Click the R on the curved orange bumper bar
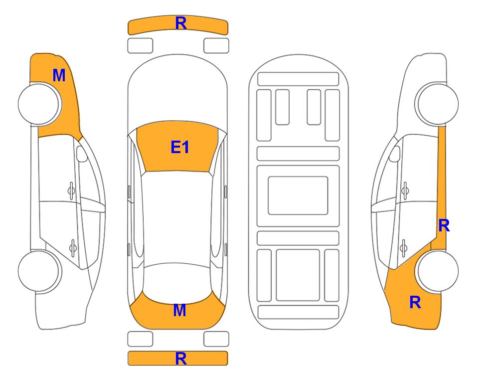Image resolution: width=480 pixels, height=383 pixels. point(181,23)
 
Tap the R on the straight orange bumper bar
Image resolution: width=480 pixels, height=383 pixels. point(181,359)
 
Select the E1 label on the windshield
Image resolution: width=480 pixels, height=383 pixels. point(180,147)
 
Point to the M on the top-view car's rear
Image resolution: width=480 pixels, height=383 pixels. point(179,310)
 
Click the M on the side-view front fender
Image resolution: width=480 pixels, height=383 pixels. point(59,75)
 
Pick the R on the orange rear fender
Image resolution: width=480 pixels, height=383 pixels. point(415,302)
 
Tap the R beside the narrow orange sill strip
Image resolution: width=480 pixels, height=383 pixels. point(444,226)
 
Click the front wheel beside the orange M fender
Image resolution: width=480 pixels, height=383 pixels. point(39,104)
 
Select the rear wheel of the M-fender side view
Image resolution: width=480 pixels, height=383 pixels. point(39,271)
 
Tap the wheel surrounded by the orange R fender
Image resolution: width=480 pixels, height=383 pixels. point(438,271)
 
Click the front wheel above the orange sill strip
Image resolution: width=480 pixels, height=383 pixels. point(438,104)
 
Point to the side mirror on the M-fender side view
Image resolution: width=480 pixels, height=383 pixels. point(81,154)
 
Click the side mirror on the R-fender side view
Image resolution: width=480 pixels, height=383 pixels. point(395,154)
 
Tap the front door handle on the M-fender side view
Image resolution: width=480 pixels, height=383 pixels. point(71,191)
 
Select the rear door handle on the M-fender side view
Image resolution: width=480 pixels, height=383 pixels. point(73,247)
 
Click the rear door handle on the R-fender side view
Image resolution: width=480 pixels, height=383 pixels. point(404,247)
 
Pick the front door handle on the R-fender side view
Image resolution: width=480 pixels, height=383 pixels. point(405,191)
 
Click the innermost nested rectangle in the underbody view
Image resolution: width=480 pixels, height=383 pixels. point(298,195)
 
